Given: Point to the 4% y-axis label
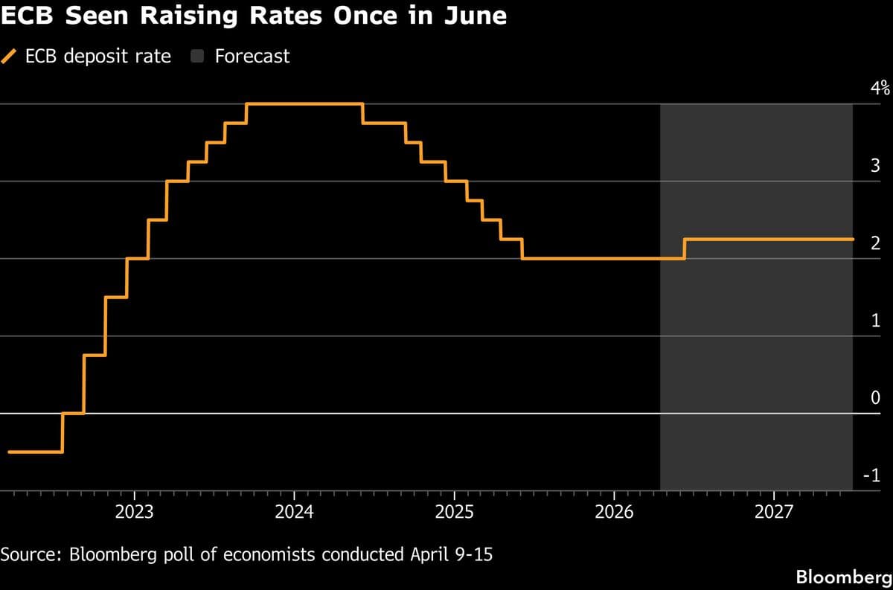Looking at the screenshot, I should [880, 89].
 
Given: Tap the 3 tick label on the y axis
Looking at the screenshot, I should [875, 166].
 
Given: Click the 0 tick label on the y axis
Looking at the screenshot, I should [875, 398].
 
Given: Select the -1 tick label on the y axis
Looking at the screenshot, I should [872, 476].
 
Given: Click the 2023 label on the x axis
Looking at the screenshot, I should [135, 513].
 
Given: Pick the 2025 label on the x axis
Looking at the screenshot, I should [454, 513].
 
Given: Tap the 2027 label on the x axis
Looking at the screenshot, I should [774, 513].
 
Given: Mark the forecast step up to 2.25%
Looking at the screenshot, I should [685, 248].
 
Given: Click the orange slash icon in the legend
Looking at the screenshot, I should [10, 57].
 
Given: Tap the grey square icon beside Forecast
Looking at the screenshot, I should [199, 57].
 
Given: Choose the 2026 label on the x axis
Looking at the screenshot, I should [614, 513].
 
